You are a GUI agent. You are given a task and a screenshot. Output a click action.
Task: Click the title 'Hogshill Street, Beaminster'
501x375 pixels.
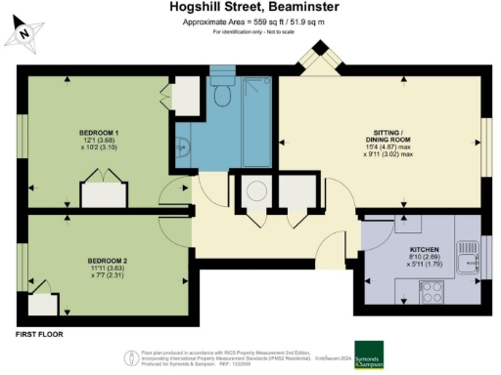coord(250,9)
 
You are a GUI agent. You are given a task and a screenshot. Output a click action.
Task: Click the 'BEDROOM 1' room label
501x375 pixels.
coord(99,131)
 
